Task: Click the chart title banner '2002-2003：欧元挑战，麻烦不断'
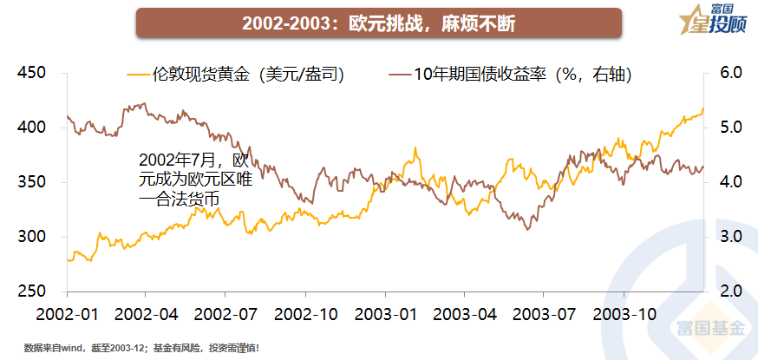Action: pos(378,23)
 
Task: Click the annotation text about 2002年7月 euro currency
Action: pos(193,180)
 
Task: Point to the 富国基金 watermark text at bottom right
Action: pos(709,327)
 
